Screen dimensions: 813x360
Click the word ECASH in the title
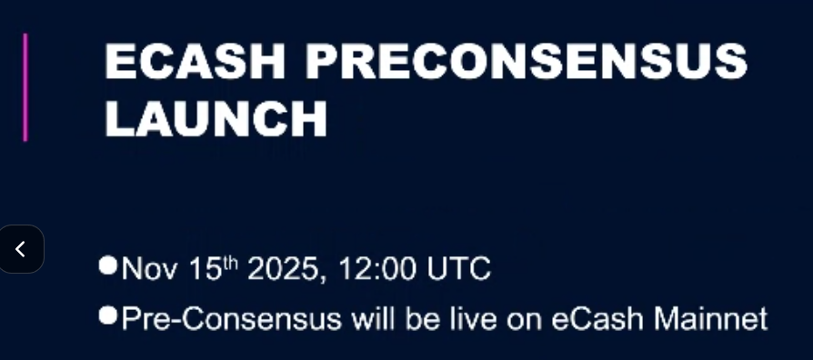(x=195, y=61)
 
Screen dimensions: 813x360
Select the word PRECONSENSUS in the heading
(x=527, y=61)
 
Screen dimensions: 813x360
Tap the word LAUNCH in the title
(x=216, y=118)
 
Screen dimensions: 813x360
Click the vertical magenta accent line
(x=25, y=87)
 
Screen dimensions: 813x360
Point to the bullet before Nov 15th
(x=108, y=265)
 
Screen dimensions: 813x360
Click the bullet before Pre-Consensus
(x=108, y=315)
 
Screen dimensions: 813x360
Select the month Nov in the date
(x=150, y=269)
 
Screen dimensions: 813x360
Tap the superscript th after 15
(x=230, y=264)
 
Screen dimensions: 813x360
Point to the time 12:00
(x=377, y=269)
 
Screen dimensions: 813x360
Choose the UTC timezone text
(x=458, y=269)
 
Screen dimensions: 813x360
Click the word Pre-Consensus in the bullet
(x=231, y=318)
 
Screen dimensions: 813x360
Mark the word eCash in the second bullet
(x=597, y=318)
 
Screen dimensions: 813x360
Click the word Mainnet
(x=711, y=318)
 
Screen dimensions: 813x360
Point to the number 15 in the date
(x=206, y=269)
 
